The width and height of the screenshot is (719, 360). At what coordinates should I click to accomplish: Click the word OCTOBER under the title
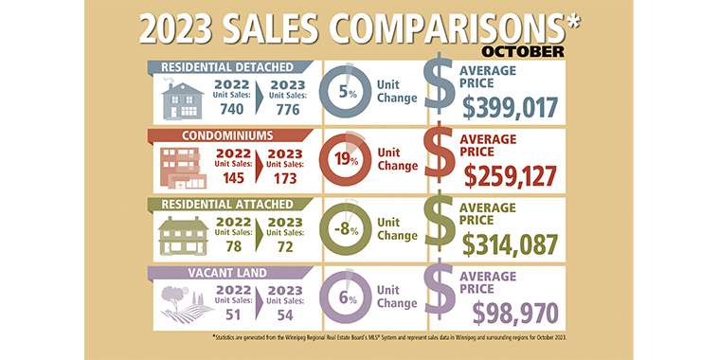tap(523, 51)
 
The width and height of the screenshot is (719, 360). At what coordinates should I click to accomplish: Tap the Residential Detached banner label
tap(227, 67)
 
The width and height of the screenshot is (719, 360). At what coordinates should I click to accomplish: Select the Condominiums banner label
tap(227, 135)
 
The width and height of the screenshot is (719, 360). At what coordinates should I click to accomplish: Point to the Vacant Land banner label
tap(227, 273)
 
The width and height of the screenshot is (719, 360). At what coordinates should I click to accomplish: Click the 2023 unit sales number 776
tap(288, 110)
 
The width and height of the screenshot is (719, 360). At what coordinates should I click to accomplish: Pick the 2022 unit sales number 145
tap(233, 177)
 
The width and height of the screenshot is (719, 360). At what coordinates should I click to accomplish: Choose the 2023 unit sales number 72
tap(285, 246)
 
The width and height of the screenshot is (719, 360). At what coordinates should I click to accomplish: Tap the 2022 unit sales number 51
tap(233, 315)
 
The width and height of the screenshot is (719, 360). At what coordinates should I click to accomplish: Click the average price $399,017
tap(510, 108)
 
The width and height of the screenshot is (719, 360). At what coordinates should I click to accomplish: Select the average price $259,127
tap(511, 176)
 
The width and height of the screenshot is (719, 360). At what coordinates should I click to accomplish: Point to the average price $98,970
tap(515, 314)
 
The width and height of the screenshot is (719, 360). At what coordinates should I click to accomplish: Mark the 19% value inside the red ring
tap(346, 159)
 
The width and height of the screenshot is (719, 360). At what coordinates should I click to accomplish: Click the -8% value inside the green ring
tap(346, 229)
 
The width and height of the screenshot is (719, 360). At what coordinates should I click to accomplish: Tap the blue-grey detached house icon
tap(183, 101)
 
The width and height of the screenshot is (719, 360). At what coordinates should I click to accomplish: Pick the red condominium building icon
tap(183, 168)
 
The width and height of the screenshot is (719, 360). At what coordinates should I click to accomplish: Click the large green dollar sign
tap(440, 225)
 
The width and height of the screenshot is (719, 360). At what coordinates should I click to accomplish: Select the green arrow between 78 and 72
tap(260, 234)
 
